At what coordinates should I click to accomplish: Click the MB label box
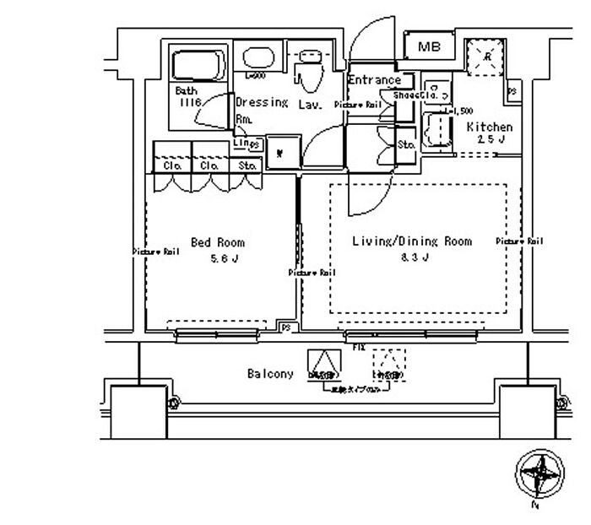[430, 47]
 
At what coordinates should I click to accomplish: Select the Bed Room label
[218, 242]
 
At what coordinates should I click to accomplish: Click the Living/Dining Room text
[411, 241]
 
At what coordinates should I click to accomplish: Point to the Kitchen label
[490, 127]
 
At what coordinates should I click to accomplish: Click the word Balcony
[270, 373]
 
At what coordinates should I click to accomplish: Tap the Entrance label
[374, 80]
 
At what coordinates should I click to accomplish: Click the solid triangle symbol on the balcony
[321, 364]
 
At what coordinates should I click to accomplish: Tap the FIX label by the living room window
[358, 347]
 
